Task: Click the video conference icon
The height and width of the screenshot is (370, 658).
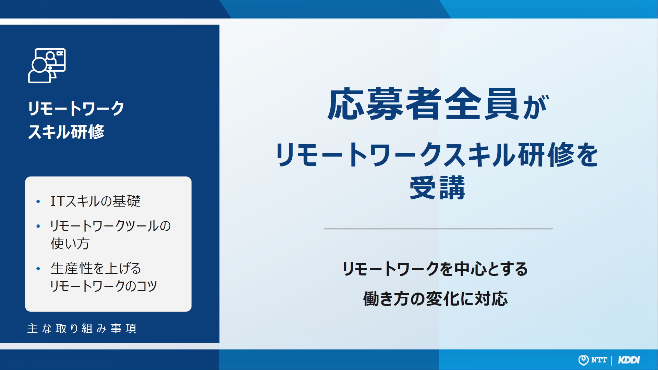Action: pos(47,65)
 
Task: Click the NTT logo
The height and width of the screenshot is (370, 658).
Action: pos(593,360)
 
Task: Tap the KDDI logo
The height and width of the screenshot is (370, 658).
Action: pos(629,360)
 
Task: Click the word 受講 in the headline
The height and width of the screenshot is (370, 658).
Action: pos(438,187)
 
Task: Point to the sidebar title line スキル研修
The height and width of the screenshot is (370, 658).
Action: pos(66,132)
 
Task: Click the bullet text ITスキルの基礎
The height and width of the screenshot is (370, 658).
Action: pos(96,201)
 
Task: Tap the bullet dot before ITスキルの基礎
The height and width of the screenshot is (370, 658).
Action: pos(38,201)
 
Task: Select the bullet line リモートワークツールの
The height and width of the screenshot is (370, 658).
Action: pos(110,226)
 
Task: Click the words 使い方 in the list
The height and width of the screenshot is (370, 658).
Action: pos(70,244)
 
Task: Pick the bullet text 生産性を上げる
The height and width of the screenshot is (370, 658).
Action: pos(96,268)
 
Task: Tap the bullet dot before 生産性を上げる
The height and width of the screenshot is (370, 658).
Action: pos(38,269)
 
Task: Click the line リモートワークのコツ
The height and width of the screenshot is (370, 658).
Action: pos(103,286)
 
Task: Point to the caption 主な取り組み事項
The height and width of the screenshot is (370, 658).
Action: pos(82,329)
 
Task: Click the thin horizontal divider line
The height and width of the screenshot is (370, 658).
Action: pos(438,229)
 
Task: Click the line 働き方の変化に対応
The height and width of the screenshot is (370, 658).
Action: pos(435,299)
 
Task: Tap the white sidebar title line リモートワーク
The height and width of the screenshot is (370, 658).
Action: pos(76,109)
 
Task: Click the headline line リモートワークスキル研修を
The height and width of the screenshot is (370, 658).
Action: pos(437,155)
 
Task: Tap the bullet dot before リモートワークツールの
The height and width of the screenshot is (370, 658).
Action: pos(38,226)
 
